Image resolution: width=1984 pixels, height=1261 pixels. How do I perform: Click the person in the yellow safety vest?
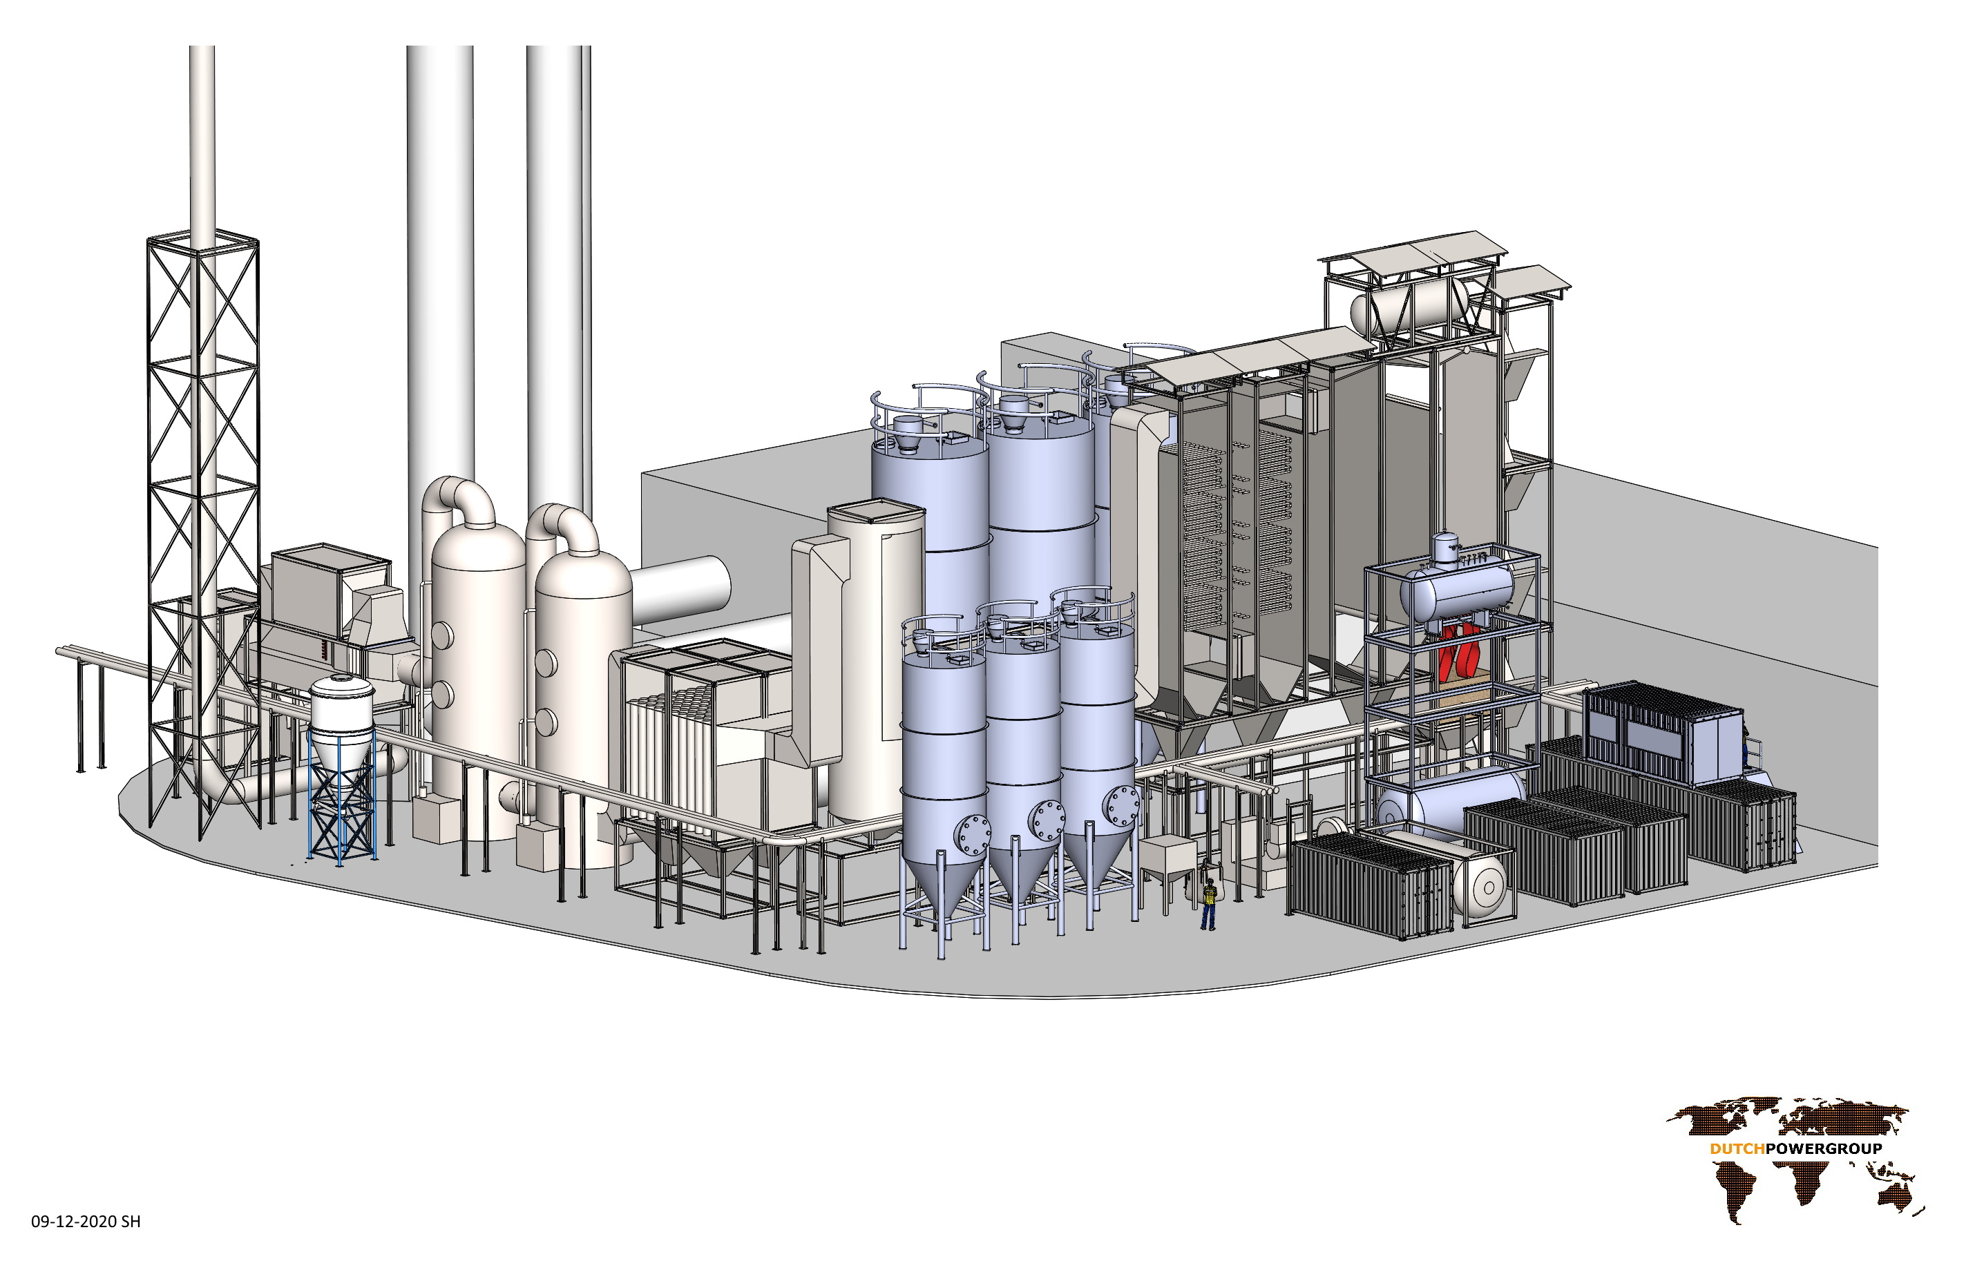(x=1209, y=903)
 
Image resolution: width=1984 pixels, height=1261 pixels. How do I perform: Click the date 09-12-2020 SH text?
(x=86, y=1222)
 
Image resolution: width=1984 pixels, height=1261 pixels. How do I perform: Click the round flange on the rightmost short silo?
(x=1121, y=805)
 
